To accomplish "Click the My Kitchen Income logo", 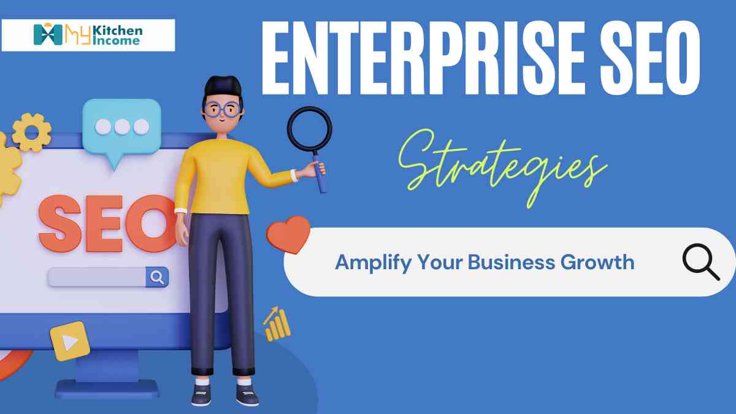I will click(88, 35).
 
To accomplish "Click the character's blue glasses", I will click(222, 110).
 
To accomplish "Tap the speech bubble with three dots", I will click(121, 128).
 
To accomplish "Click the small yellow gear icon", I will click(31, 132).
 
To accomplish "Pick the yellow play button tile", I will click(69, 340).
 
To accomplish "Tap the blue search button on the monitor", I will click(157, 277).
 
